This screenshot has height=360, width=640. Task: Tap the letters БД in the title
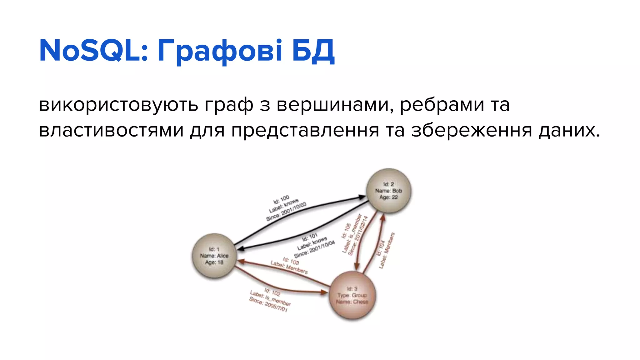313,51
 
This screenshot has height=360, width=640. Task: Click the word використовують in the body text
118,105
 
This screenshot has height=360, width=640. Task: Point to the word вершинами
335,105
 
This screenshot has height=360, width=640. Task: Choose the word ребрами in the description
442,105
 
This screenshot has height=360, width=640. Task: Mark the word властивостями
111,131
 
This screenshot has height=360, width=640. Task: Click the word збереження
472,131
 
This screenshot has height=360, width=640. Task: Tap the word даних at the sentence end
569,131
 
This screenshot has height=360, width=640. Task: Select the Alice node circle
214,256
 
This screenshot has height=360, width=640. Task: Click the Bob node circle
388,191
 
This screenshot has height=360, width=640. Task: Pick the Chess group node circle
352,295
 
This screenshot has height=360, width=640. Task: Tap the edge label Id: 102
272,292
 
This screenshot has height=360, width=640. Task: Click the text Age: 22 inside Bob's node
388,197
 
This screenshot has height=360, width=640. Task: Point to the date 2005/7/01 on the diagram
276,307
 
